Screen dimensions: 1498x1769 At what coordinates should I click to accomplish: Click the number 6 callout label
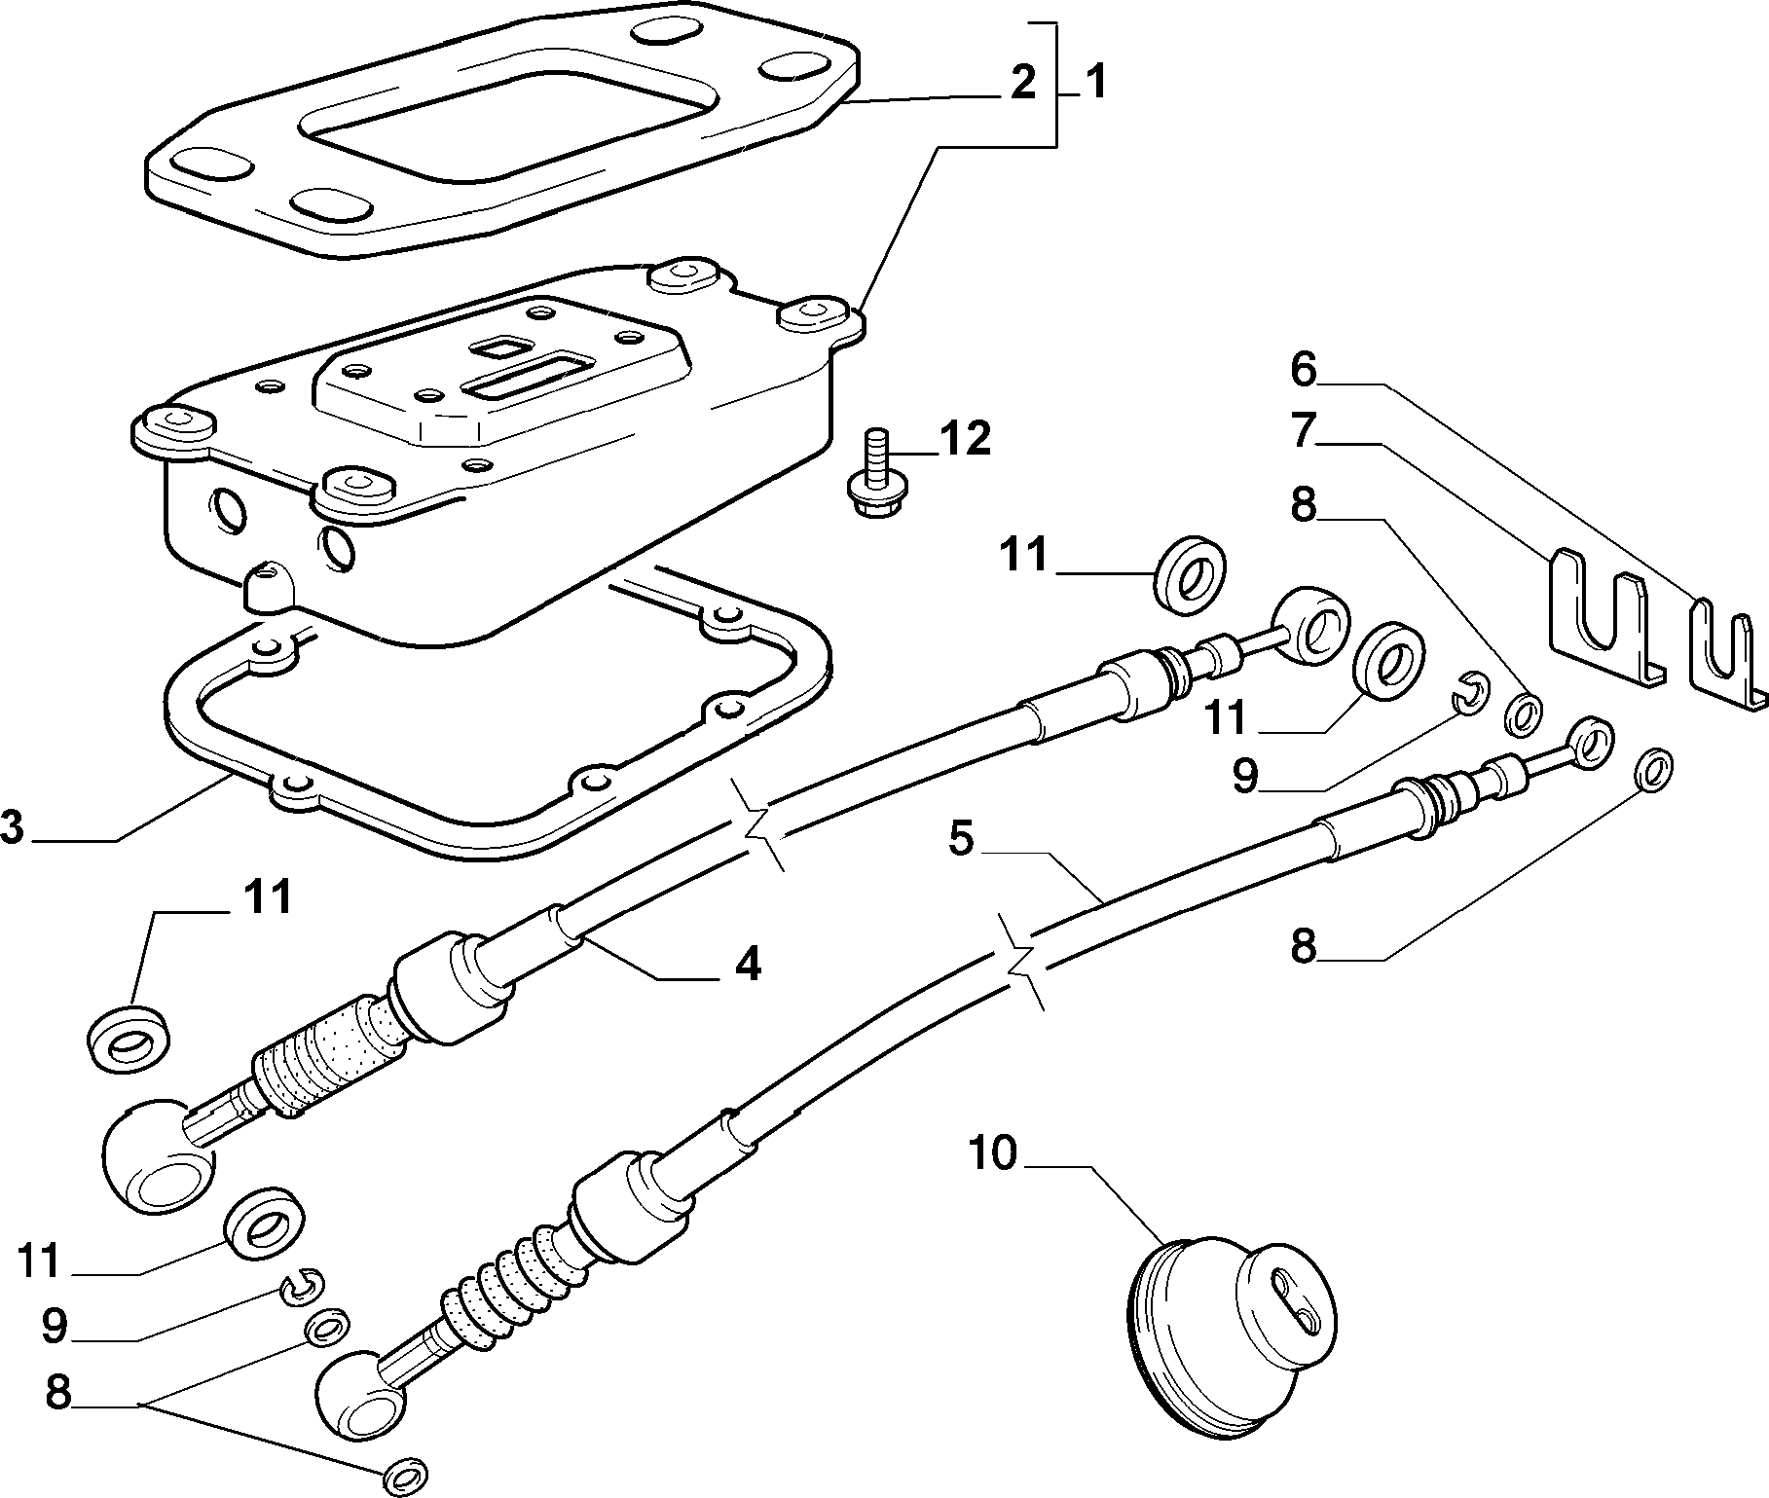pyautogui.click(x=1304, y=371)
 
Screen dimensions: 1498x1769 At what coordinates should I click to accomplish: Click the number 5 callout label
pyautogui.click(x=961, y=839)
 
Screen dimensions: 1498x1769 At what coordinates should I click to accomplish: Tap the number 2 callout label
pyautogui.click(x=1022, y=84)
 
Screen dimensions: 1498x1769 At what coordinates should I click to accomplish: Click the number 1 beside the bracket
pyautogui.click(x=1095, y=84)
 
